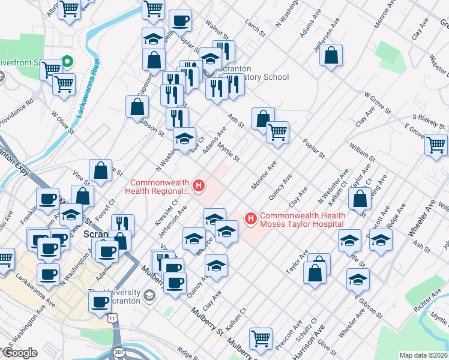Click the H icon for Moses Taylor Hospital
pos(250,218)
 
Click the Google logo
pos(20,353)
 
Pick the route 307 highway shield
pos(119,351)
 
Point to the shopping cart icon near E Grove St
pos(436,144)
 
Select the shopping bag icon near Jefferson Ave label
pos(331,56)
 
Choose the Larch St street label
pos(255,27)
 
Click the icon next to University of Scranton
pos(148,296)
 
